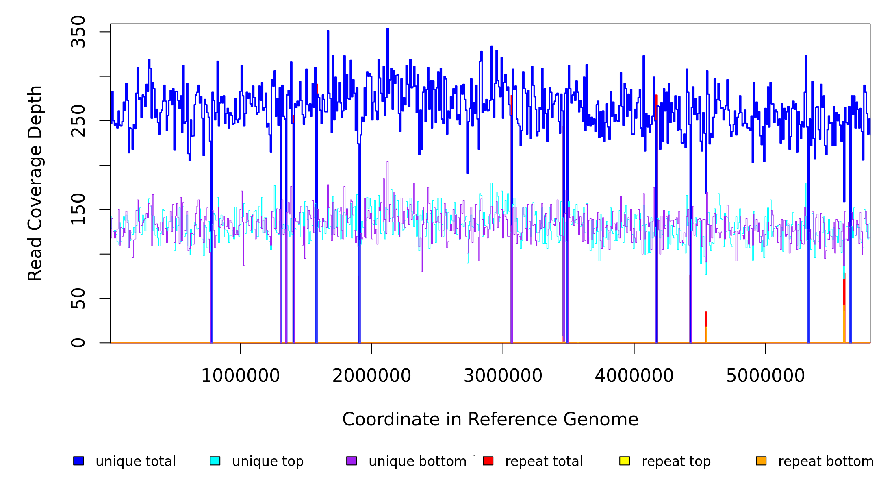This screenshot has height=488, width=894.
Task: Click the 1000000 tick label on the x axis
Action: click(x=241, y=376)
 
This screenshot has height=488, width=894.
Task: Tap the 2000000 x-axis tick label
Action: click(x=372, y=376)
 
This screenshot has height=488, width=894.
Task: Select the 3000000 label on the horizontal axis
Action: click(x=503, y=376)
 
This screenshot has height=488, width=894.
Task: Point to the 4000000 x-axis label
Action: click(x=634, y=376)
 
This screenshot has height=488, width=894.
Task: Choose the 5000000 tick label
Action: click(x=766, y=376)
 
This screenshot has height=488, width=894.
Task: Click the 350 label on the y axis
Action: click(x=78, y=32)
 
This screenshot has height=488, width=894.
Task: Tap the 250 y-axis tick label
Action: click(x=78, y=121)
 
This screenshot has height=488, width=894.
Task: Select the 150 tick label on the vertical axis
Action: click(x=78, y=209)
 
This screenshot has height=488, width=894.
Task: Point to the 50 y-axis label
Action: click(x=78, y=298)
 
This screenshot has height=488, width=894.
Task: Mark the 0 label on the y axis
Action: click(x=78, y=343)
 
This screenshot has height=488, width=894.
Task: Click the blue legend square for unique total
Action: click(x=78, y=461)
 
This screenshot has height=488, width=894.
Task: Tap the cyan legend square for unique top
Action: click(x=215, y=461)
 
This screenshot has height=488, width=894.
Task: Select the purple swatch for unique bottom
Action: click(x=352, y=461)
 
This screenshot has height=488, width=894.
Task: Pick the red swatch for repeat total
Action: click(x=488, y=461)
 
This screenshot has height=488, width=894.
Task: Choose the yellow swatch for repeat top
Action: click(x=625, y=461)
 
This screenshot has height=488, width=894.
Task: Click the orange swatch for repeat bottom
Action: click(x=761, y=461)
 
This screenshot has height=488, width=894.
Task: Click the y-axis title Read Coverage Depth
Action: click(x=35, y=183)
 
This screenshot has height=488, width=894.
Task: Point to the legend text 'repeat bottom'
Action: click(x=826, y=462)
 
